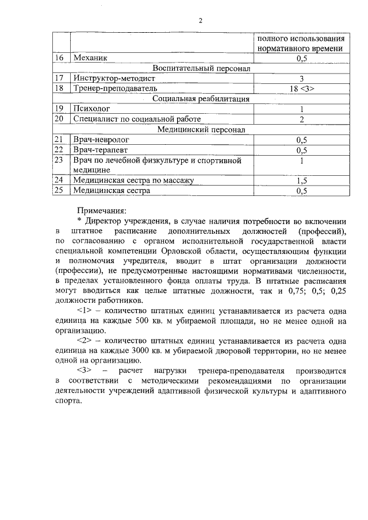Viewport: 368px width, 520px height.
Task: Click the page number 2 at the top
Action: tap(201, 21)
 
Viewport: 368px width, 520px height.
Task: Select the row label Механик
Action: tap(90, 58)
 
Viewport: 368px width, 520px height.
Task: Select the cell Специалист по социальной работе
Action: tap(137, 118)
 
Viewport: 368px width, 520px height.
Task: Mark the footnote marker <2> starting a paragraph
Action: tap(86, 341)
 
